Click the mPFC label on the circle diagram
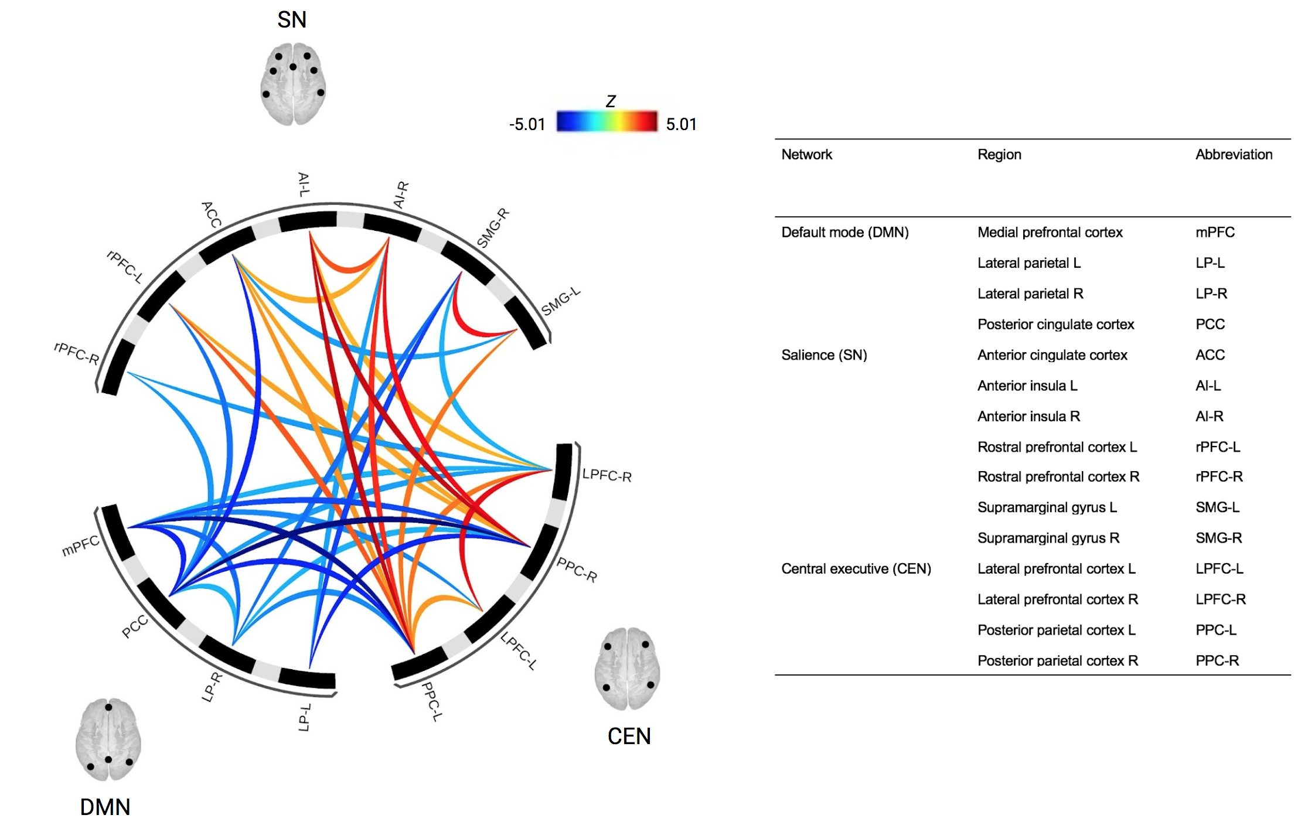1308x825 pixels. click(x=80, y=546)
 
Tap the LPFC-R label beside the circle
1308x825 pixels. click(x=607, y=475)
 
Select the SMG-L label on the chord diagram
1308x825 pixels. click(x=560, y=302)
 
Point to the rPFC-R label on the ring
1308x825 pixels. click(x=76, y=353)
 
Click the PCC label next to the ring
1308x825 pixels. click(x=134, y=627)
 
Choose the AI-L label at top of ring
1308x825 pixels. click(x=304, y=184)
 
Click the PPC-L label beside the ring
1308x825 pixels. click(x=432, y=701)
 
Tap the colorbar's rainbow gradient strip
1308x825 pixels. click(x=607, y=121)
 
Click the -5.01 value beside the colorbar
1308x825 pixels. click(x=527, y=124)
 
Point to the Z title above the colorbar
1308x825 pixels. click(x=611, y=101)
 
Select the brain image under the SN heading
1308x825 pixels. click(x=292, y=83)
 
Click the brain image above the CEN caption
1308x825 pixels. click(x=627, y=669)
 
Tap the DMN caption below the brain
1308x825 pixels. click(x=105, y=807)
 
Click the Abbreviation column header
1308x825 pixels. click(x=1234, y=155)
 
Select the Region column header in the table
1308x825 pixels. click(x=999, y=155)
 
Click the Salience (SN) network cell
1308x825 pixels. click(x=824, y=355)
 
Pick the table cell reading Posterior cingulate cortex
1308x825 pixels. click(x=1055, y=325)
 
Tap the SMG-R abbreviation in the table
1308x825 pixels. click(x=1218, y=538)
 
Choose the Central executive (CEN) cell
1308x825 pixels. click(x=856, y=569)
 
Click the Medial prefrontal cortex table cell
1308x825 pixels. click(x=1050, y=233)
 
